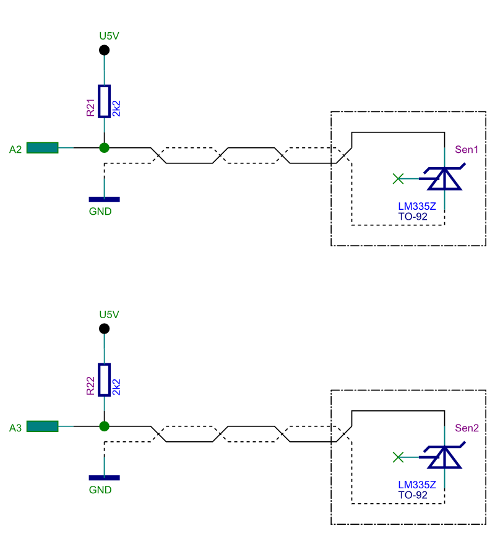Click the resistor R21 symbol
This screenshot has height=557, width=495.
click(x=105, y=101)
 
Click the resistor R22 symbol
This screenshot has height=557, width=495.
click(x=105, y=379)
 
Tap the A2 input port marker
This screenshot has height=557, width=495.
click(x=42, y=148)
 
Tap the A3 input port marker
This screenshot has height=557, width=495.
click(x=42, y=426)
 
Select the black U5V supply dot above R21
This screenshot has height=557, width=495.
click(x=105, y=50)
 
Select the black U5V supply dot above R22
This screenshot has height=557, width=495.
click(x=105, y=329)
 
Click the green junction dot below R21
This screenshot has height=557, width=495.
click(x=105, y=148)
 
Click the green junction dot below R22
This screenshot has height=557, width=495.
click(x=105, y=426)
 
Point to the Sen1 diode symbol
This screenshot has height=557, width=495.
click(x=445, y=179)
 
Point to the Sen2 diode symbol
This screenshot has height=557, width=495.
click(x=445, y=457)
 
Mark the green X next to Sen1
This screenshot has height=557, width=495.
click(x=398, y=179)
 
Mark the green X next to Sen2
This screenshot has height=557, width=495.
click(x=398, y=457)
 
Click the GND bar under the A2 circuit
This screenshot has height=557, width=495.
click(x=105, y=199)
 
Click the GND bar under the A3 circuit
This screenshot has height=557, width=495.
click(x=105, y=478)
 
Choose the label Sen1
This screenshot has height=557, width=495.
click(x=467, y=149)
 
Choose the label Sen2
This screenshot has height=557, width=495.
click(x=467, y=428)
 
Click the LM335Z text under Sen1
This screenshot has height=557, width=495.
click(x=417, y=207)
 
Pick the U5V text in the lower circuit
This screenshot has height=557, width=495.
click(x=109, y=314)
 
